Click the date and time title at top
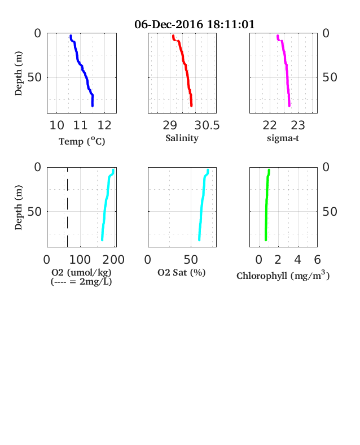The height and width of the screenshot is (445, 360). tap(195, 24)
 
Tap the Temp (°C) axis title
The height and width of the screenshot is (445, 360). tap(82, 141)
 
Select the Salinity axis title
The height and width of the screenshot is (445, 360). tap(182, 138)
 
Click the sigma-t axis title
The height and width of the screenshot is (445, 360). tap(283, 138)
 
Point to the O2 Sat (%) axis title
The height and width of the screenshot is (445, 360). tap(182, 272)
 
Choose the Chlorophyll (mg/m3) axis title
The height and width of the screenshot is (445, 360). tap(283, 275)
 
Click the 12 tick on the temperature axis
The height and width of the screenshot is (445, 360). tap(104, 125)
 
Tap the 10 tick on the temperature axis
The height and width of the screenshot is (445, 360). tap(56, 125)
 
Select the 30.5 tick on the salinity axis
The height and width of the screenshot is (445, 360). tap(207, 125)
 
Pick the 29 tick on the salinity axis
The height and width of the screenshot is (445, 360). tap(170, 125)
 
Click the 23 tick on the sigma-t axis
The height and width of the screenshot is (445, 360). tap(298, 125)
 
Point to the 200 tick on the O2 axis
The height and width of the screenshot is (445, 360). tap(113, 260)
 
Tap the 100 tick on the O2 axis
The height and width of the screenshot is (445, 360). tap(80, 260)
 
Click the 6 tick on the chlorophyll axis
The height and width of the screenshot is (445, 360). tap(317, 260)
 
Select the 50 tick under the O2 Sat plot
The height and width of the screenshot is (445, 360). tap(191, 260)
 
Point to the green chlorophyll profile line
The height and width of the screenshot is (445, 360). tap(266, 204)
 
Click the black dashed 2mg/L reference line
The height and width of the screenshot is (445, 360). tap(68, 207)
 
